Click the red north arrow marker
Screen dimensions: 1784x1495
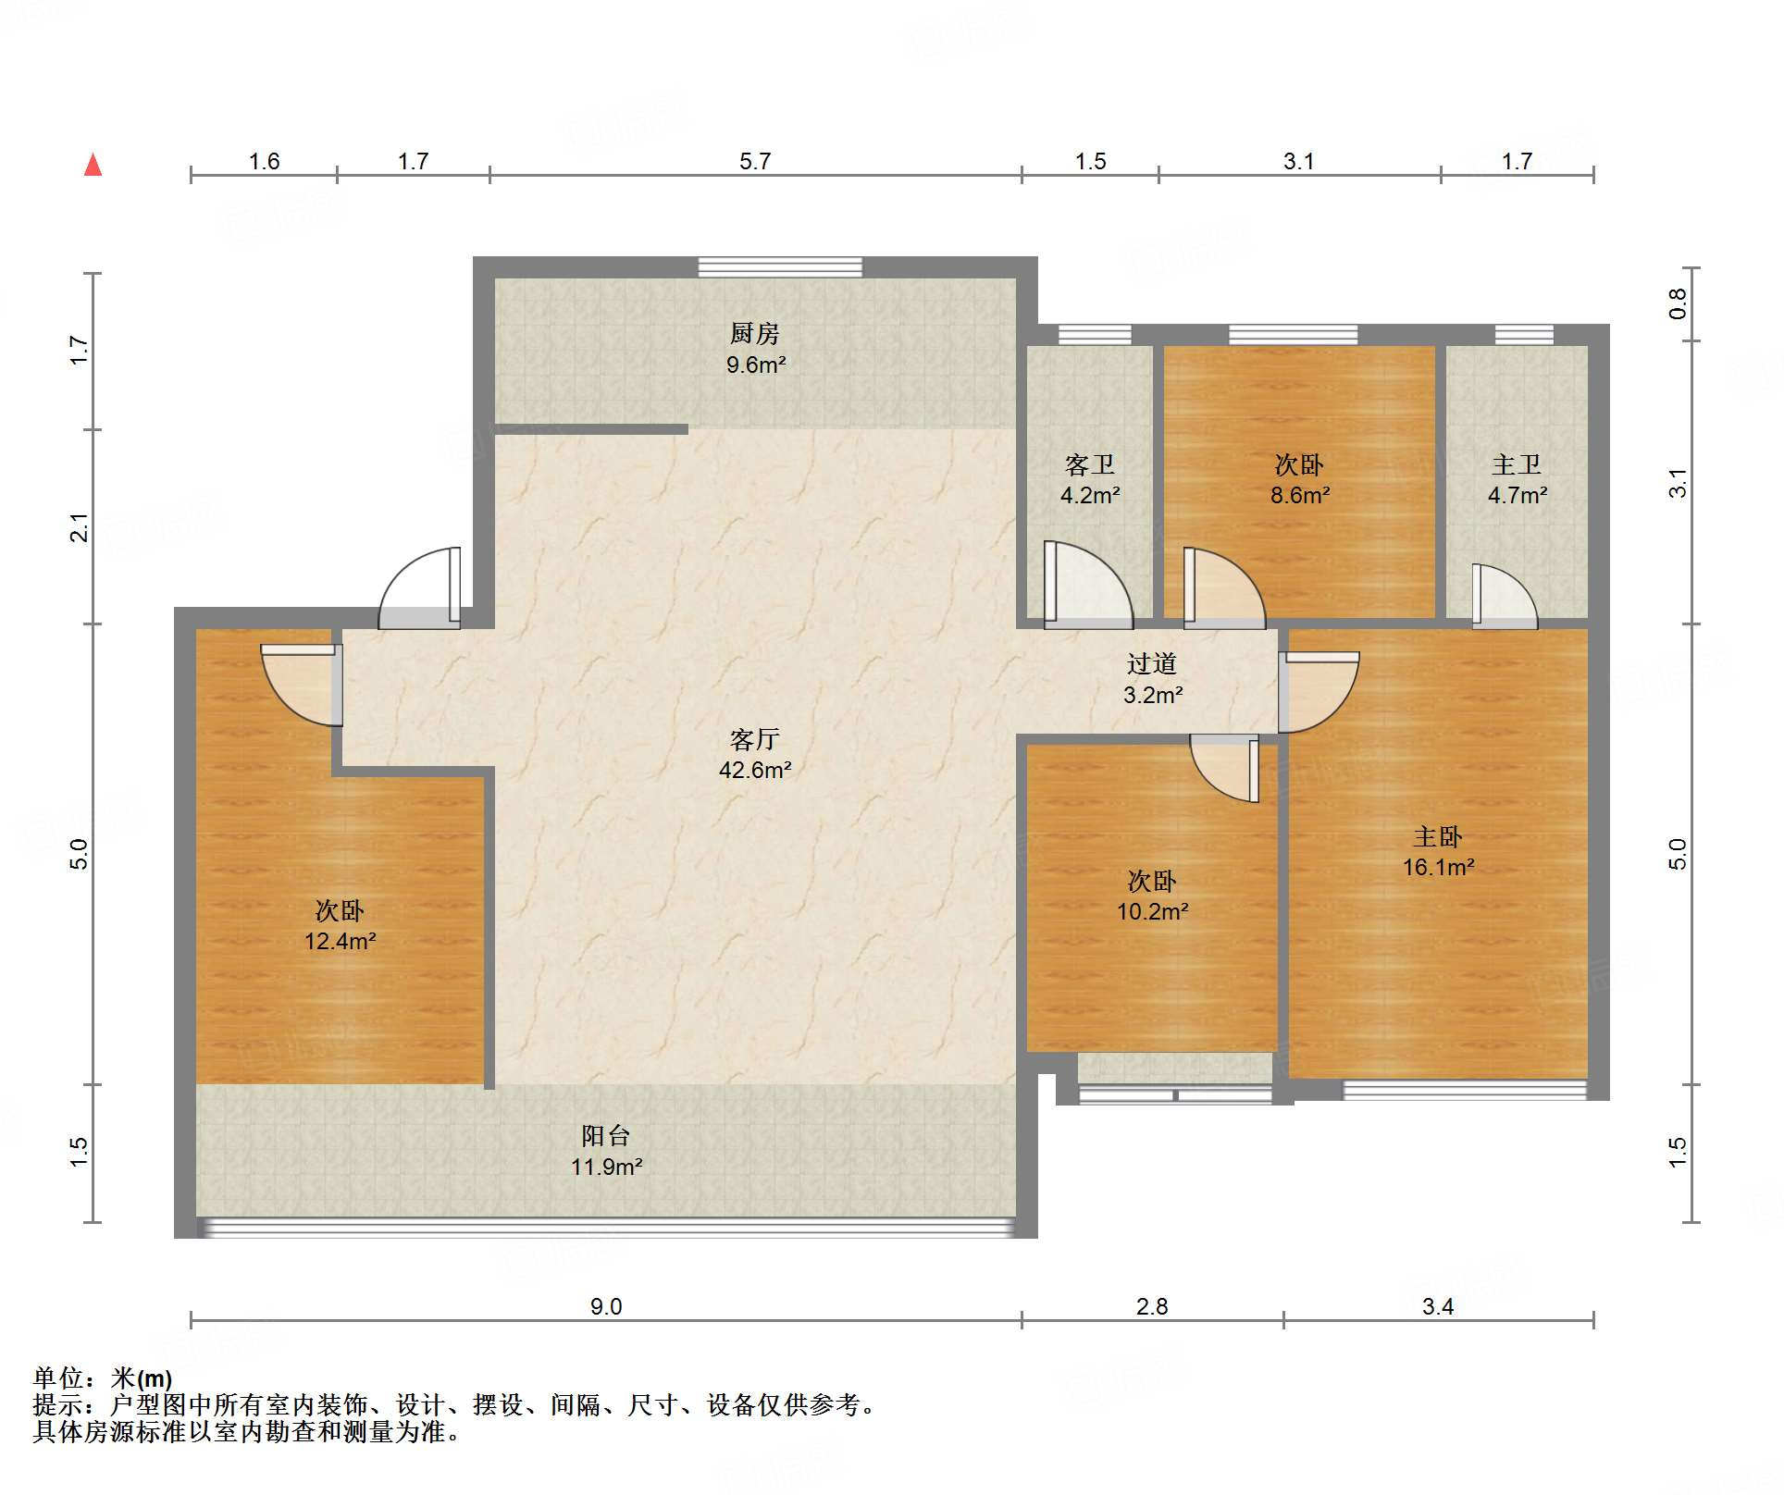tap(93, 165)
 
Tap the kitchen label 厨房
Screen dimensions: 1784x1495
tap(755, 333)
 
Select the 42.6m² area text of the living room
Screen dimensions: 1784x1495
tap(755, 770)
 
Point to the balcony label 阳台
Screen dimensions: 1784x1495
tap(606, 1136)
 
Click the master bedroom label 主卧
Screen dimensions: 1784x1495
tap(1438, 837)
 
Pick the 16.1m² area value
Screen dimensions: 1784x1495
tap(1438, 867)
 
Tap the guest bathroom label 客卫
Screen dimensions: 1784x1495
tap(1090, 465)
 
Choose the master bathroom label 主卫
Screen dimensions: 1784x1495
tap(1517, 465)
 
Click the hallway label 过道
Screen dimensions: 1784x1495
tap(1152, 664)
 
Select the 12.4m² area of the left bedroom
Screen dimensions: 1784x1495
tap(341, 941)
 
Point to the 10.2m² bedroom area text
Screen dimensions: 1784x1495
tap(1152, 911)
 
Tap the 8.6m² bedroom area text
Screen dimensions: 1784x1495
tap(1300, 495)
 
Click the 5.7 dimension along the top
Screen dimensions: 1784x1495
tap(755, 162)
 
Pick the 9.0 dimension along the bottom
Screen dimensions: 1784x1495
tap(606, 1306)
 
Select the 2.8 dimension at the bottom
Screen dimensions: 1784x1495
tap(1152, 1306)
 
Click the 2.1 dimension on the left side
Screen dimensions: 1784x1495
tap(81, 527)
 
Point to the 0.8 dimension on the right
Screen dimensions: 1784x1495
tap(1678, 303)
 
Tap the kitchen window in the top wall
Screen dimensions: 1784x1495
tap(780, 267)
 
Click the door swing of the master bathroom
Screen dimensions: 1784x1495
tap(1505, 597)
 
